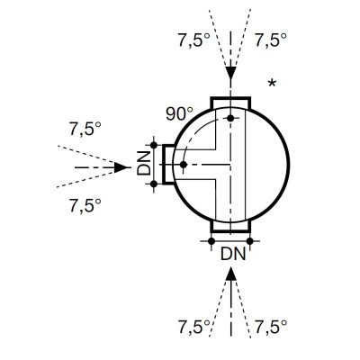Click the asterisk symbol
(272, 83)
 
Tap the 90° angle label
(179, 114)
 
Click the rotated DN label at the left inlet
(144, 163)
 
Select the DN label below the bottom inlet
(233, 254)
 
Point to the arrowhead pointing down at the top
(230, 73)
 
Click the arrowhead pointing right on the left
(121, 167)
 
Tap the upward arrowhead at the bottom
(230, 274)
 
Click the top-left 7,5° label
(193, 40)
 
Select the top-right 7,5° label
(271, 40)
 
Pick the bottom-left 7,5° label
(193, 327)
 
